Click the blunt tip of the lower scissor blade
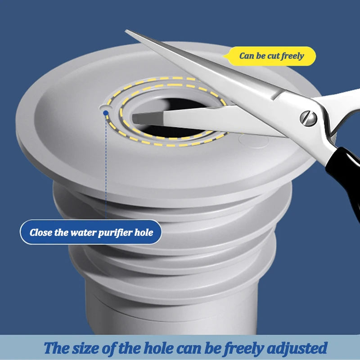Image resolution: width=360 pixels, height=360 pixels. pyautogui.click(x=135, y=119)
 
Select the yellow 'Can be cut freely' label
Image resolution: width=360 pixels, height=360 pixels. pyautogui.click(x=271, y=56)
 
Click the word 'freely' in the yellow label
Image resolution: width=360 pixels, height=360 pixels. pyautogui.click(x=292, y=56)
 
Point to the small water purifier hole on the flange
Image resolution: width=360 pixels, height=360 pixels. pyautogui.click(x=104, y=108)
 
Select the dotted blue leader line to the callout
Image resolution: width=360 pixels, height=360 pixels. pyautogui.click(x=105, y=171)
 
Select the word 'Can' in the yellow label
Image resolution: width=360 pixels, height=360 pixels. pyautogui.click(x=247, y=56)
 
